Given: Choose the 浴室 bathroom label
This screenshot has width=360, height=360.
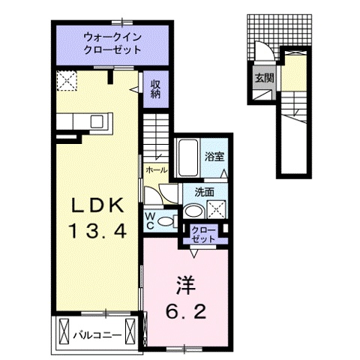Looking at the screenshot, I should [214, 157].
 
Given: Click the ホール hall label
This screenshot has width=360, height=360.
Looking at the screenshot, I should [155, 170].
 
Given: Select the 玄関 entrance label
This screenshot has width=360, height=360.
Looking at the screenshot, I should [262, 77].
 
